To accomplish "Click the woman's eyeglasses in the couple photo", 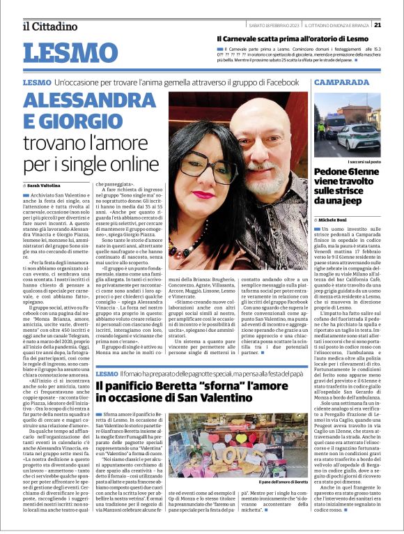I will [x=207, y=142].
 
